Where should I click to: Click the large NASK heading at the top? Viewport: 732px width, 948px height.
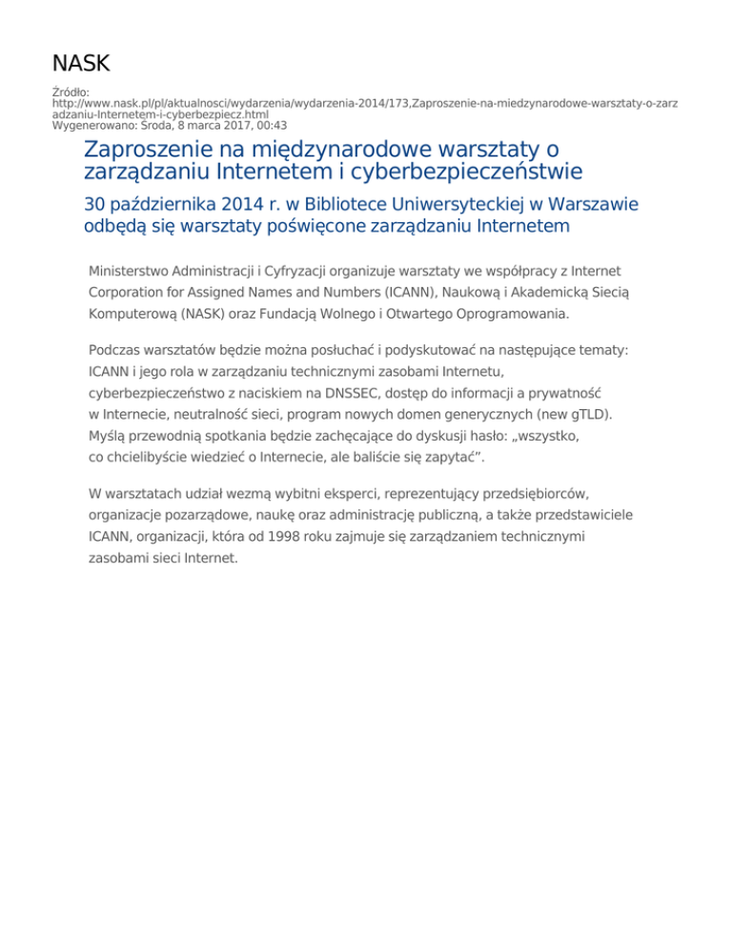tap(81, 64)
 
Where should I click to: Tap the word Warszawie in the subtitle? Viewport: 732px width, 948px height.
tap(595, 205)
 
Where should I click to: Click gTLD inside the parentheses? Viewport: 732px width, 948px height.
tap(588, 414)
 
